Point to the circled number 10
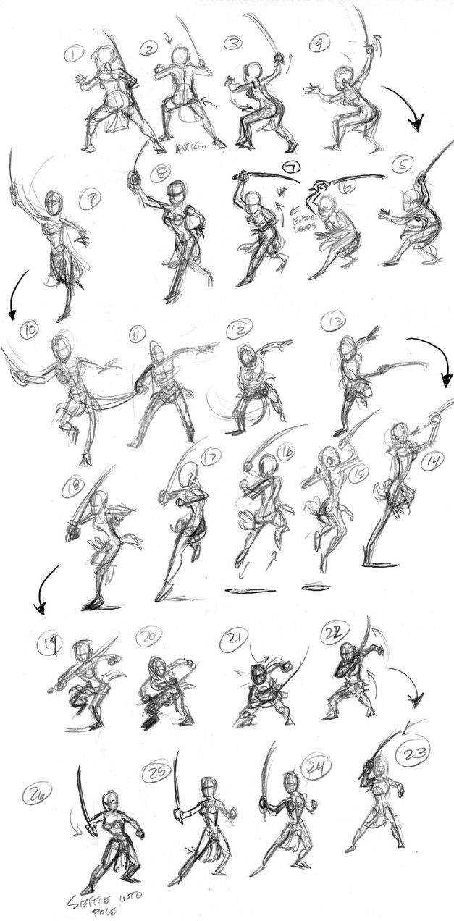[x=30, y=331]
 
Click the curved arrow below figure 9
[x=17, y=294]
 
